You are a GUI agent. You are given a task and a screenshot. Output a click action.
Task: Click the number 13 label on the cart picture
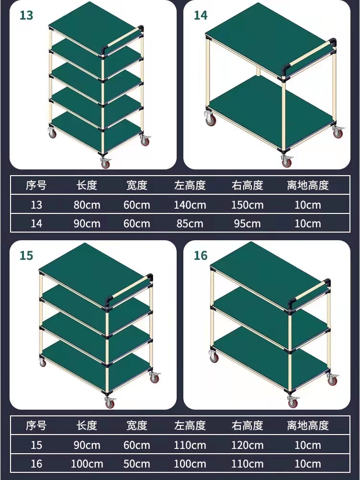26,15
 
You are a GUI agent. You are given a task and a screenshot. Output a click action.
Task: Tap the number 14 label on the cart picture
201,15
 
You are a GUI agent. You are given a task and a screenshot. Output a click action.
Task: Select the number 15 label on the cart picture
26,256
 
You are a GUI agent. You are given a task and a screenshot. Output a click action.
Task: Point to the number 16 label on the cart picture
201,256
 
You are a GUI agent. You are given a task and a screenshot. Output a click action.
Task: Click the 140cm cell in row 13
190,205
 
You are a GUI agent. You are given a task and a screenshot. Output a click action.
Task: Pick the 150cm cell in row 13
247,205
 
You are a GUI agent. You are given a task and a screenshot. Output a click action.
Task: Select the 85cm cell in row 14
190,223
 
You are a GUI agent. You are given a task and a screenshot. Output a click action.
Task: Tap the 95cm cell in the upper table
247,223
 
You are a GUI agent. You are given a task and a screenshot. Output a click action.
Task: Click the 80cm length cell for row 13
87,205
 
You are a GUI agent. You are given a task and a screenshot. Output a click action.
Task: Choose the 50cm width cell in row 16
137,464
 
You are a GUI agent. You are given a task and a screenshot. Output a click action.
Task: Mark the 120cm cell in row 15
247,445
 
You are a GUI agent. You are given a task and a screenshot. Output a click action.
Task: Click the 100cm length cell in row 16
87,464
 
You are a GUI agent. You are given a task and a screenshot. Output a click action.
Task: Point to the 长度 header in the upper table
87,185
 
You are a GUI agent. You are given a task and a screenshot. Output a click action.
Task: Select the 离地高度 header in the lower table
308,425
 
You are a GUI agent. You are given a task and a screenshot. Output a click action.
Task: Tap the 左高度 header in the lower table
190,425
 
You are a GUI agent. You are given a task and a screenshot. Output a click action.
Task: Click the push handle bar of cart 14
309,54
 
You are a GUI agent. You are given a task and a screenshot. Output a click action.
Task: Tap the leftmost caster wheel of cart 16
214,356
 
